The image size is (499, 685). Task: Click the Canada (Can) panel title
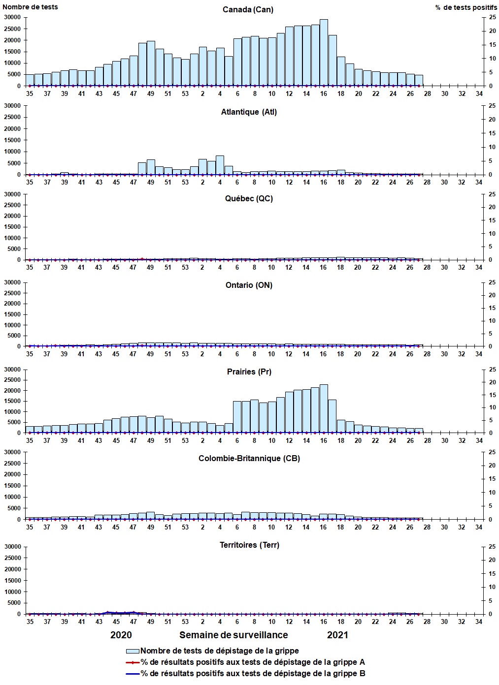click(x=248, y=10)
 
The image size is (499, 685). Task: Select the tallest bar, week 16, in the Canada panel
click(x=324, y=53)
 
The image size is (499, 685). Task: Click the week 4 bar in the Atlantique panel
click(x=220, y=165)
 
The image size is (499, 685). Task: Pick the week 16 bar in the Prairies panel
click(x=324, y=408)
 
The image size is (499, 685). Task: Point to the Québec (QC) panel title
click(x=249, y=198)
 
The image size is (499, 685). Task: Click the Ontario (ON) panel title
click(x=249, y=285)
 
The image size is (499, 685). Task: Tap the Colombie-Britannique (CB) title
click(x=249, y=458)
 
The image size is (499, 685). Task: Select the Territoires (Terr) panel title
click(x=249, y=545)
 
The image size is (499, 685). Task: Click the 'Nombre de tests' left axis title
click(x=30, y=7)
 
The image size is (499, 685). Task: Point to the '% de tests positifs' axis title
click(x=466, y=7)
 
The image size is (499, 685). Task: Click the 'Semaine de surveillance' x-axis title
click(x=233, y=635)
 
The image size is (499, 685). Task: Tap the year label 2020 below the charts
click(x=121, y=635)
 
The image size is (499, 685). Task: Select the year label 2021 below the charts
click(x=337, y=635)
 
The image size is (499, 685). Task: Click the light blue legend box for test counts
click(x=133, y=651)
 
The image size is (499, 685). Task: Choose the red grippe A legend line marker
click(x=133, y=662)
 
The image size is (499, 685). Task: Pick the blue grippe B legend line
click(x=133, y=674)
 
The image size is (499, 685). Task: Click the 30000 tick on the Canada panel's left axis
click(x=12, y=17)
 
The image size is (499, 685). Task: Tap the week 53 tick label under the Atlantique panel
click(x=185, y=182)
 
